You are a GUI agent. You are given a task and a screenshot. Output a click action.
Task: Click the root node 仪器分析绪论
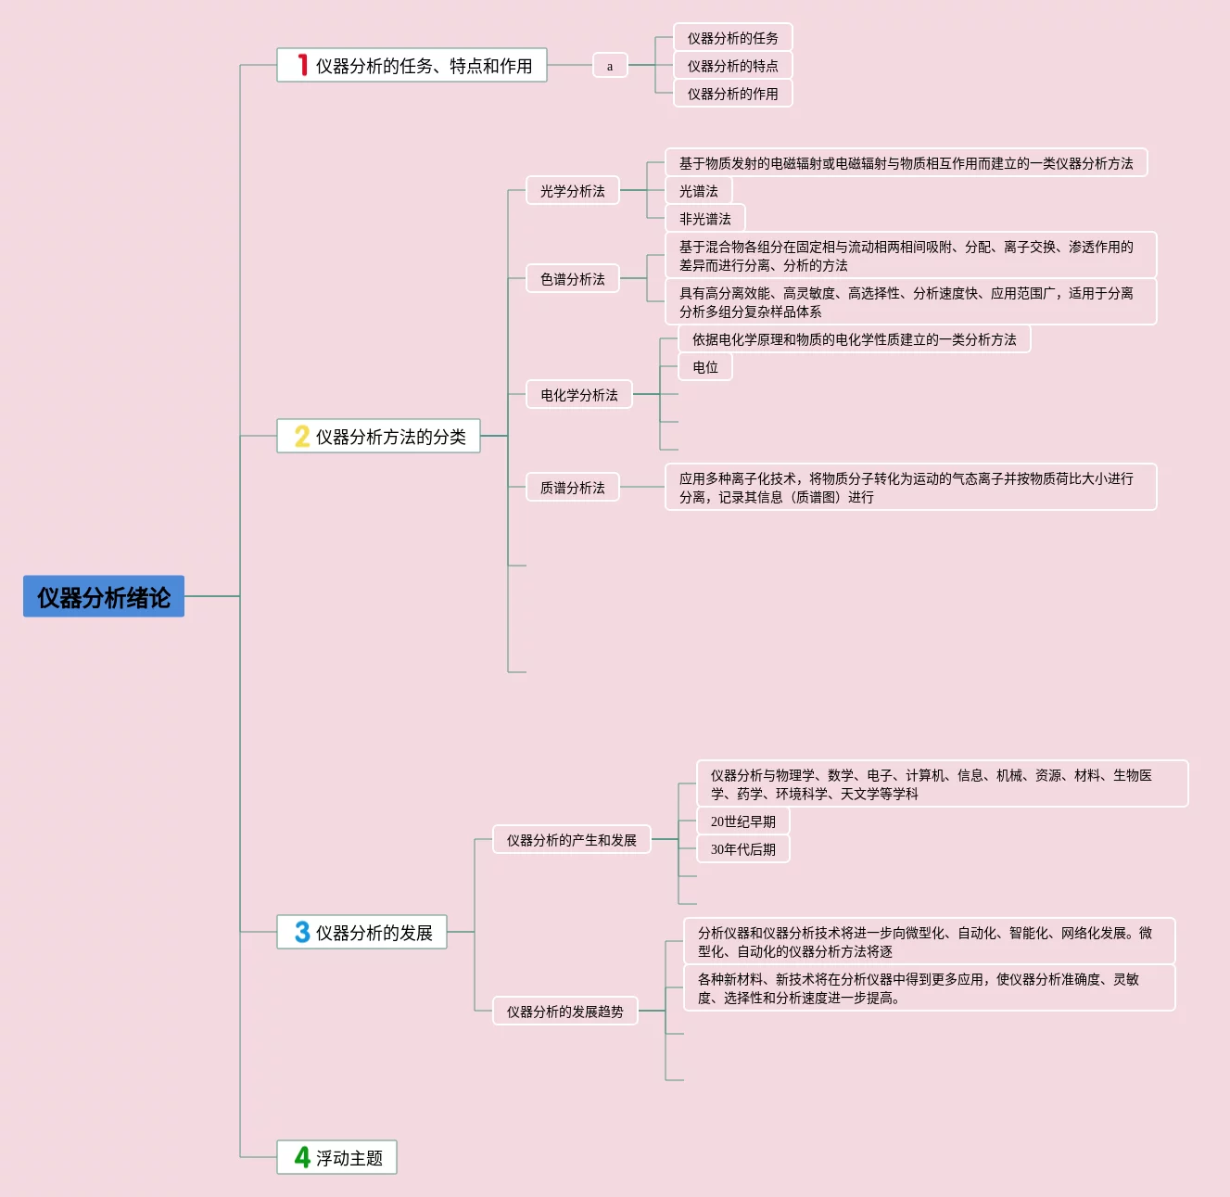click(104, 597)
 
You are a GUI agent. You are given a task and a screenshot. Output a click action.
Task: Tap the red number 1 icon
click(302, 65)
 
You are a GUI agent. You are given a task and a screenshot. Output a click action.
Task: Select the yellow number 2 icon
click(302, 436)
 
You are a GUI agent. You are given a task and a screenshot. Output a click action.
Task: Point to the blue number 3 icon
click(302, 932)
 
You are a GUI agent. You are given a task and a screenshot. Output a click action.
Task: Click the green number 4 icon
click(302, 1157)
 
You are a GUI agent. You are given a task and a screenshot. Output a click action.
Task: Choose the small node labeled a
click(610, 66)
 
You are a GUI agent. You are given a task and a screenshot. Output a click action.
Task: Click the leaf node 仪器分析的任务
click(732, 38)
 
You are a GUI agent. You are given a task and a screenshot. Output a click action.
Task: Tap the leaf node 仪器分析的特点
click(732, 66)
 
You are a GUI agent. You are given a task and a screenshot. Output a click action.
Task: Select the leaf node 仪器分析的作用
click(732, 94)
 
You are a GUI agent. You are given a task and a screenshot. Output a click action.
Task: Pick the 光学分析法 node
click(573, 191)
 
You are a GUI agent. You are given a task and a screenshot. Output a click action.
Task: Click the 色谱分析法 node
click(573, 279)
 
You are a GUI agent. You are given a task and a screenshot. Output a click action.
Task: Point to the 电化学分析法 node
click(579, 395)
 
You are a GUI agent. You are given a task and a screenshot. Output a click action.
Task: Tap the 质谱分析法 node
click(573, 488)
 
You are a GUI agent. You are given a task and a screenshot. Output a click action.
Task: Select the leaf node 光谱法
click(699, 191)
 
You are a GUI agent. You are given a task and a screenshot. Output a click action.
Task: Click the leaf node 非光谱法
click(705, 219)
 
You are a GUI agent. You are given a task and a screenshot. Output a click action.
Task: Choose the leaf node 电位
click(705, 367)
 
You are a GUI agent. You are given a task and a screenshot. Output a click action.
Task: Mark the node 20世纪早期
click(743, 821)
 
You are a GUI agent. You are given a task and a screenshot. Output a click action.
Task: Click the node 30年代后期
click(743, 849)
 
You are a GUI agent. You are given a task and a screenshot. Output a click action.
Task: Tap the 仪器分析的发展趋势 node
click(565, 1012)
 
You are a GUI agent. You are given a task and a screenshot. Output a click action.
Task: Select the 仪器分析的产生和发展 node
click(572, 840)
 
